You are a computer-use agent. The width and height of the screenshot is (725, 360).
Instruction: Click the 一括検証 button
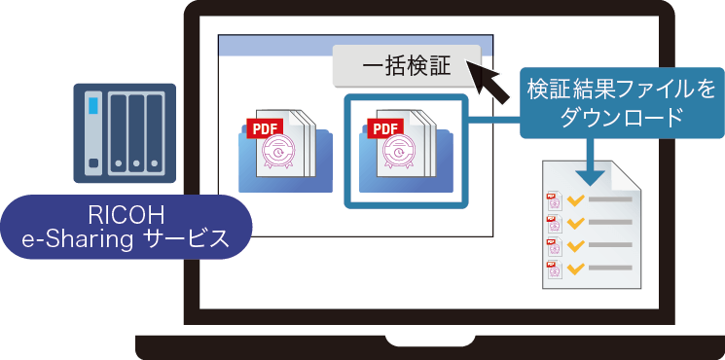407,66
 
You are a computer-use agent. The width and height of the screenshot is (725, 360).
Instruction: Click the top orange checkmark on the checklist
574,198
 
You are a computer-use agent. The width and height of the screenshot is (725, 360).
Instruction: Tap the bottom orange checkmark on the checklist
574,266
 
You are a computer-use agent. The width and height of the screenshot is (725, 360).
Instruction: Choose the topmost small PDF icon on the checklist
554,198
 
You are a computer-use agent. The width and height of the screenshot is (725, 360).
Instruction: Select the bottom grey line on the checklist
609,267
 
